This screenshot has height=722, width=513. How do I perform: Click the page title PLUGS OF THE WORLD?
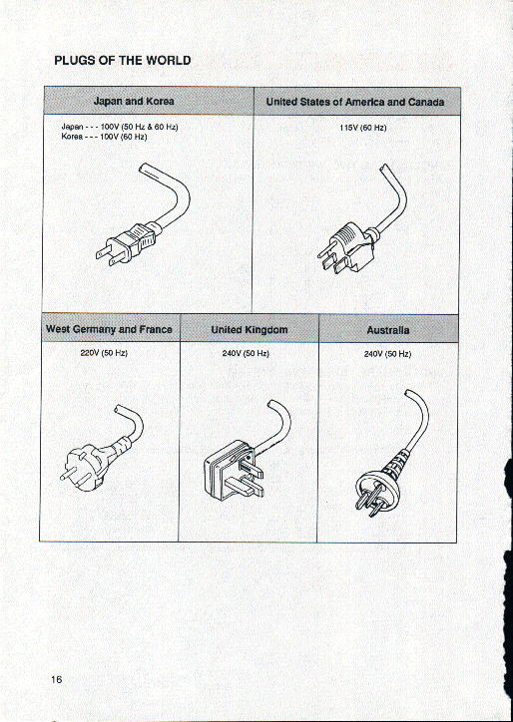point(122,60)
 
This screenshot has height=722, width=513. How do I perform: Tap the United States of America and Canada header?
point(355,102)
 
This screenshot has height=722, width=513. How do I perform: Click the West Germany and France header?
point(109,329)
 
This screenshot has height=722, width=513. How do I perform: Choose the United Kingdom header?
point(249,329)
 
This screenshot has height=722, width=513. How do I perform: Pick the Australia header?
point(387,329)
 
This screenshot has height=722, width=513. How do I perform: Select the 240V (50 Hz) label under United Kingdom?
point(245,353)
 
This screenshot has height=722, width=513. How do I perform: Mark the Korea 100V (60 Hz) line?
point(106,137)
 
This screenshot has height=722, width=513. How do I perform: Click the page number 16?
point(57,679)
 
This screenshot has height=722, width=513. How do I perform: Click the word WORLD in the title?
point(166,60)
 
